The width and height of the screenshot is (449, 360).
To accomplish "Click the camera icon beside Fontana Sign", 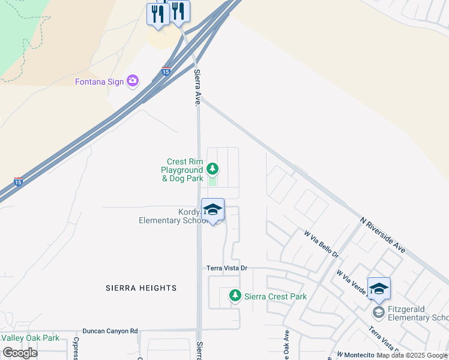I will pos(133,81).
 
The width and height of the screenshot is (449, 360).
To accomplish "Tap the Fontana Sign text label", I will pos(99,82).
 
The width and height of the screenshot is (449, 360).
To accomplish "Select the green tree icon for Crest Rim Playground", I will pos(212,169).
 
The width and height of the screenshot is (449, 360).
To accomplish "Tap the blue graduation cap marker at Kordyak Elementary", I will pos(212,211).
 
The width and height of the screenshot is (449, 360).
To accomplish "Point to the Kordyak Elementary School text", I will pos(174,216).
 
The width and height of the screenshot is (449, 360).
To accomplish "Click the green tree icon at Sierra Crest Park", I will pos(235,296).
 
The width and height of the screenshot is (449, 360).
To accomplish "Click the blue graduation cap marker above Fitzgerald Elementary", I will pos(379,289).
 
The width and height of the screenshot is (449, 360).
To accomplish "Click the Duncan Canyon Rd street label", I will pos(110,331).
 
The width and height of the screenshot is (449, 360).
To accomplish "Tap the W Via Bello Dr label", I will pos(321,245).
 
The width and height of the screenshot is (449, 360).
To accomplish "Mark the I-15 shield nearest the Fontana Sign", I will pos(166,71).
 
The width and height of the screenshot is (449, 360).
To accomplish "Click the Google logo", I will pos(20,353).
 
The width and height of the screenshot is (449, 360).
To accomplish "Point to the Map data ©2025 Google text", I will pos(412,355).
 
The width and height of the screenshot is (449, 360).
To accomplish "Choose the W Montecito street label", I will pos(355,355).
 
